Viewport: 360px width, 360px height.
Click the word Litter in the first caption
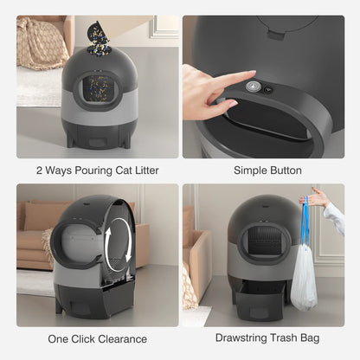click(x=144, y=170)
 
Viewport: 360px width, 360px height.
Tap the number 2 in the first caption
click(x=40, y=170)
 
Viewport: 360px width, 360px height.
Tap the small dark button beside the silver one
click(x=268, y=89)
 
